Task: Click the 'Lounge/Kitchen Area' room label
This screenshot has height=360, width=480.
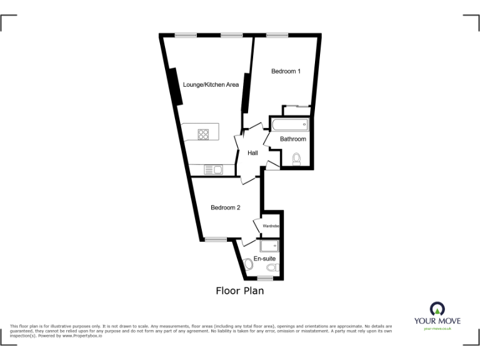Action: [x=211, y=84]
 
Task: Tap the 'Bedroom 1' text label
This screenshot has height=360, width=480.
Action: [x=286, y=71]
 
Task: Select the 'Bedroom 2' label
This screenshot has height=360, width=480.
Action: [x=225, y=207]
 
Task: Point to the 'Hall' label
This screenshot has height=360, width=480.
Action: [x=253, y=153]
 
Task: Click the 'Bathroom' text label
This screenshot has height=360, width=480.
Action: [x=292, y=139]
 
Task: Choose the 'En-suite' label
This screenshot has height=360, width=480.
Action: [x=264, y=258]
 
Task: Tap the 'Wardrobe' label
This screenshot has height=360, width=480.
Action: [x=270, y=226]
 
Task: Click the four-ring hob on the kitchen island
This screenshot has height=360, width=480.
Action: [x=204, y=132]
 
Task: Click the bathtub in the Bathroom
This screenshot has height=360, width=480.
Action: [x=291, y=124]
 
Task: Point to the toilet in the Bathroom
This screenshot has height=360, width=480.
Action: [x=297, y=159]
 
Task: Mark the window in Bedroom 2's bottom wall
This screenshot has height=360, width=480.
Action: [x=217, y=239]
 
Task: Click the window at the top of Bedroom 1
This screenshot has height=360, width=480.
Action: [x=277, y=34]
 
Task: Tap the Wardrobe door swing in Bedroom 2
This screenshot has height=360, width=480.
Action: [x=258, y=226]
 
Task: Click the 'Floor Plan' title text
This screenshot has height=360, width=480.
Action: [x=240, y=291]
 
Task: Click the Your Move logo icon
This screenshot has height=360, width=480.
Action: [x=437, y=309]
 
